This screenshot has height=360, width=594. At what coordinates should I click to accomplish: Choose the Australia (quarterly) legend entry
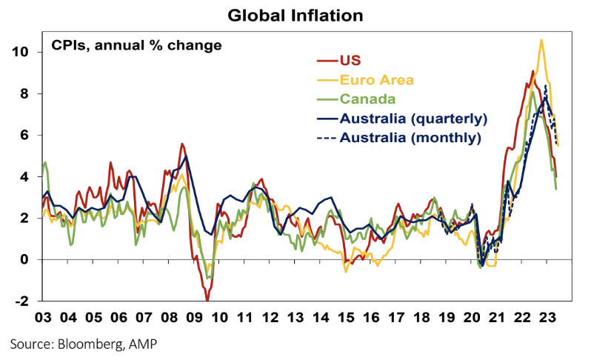(x=413, y=118)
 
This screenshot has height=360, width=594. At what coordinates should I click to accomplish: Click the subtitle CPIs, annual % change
(x=136, y=45)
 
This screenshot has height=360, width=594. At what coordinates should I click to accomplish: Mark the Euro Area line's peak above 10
(x=541, y=40)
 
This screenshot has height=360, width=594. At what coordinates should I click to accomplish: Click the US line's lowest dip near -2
(x=207, y=299)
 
